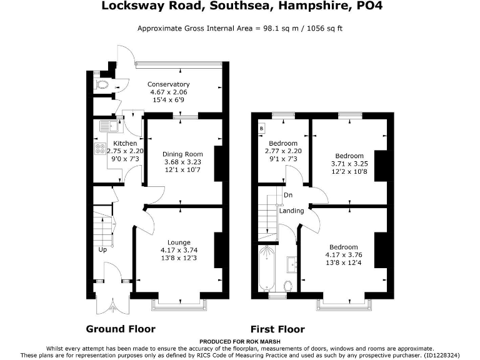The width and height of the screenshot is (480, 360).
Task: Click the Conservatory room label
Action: coord(168,84)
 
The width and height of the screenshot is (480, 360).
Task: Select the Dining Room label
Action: coord(182,154)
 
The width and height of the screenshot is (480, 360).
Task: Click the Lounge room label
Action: coord(178,242)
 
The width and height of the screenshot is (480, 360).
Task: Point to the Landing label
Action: coord(291,211)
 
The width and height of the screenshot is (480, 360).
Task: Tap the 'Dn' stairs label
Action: coord(288,195)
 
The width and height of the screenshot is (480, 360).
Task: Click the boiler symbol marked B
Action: coord(261,129)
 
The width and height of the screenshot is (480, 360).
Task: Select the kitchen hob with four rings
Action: coord(100,149)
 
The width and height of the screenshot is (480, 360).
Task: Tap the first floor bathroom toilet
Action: coord(288,286)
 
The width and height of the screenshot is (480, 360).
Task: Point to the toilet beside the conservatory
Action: coord(102,84)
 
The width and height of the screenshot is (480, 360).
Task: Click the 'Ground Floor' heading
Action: coord(121,329)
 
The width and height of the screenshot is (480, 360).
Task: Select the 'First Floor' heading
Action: coord(277,329)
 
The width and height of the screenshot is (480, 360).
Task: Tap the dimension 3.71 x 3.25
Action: coord(349,164)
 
